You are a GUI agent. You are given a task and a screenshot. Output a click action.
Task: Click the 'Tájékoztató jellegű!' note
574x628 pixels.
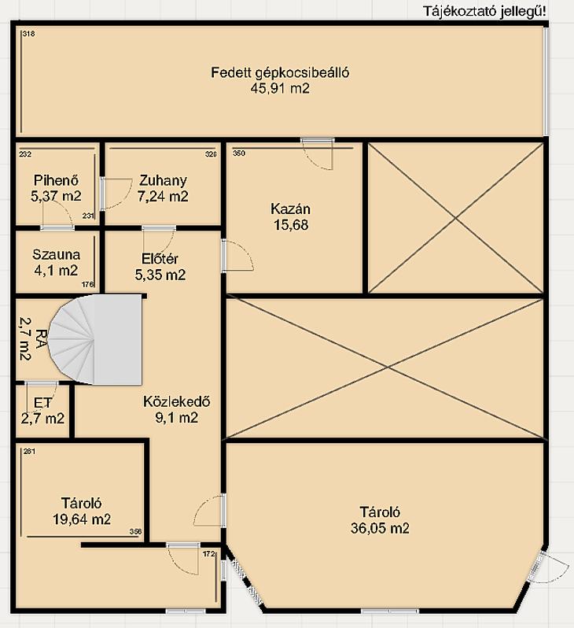(484, 12)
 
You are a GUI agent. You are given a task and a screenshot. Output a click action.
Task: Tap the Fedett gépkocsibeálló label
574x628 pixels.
(280, 72)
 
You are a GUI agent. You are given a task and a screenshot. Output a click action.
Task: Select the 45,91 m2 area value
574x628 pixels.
(280, 88)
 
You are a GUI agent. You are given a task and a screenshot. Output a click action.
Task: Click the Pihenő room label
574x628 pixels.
(56, 180)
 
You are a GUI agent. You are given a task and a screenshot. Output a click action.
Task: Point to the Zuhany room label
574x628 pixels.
(163, 181)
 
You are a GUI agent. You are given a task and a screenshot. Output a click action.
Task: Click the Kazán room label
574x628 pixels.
(291, 209)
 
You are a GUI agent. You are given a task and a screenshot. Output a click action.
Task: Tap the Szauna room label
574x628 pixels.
(56, 254)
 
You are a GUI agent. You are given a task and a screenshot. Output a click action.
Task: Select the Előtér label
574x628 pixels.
(160, 259)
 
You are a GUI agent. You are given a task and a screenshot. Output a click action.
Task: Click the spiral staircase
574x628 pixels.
(96, 340)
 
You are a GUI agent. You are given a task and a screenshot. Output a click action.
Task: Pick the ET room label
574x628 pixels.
(42, 402)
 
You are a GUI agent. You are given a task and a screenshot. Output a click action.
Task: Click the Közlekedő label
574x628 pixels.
(176, 401)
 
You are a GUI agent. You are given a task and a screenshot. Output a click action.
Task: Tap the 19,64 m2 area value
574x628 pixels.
(82, 519)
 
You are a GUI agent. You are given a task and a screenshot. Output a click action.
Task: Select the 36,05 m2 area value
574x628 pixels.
(380, 528)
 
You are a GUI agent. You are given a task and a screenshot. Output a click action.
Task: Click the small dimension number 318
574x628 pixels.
(28, 34)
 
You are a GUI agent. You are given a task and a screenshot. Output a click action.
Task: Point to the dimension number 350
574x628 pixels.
(239, 153)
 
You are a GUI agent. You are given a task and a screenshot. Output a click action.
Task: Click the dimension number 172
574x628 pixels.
(208, 554)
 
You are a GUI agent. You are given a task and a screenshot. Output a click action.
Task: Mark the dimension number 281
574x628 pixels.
(29, 452)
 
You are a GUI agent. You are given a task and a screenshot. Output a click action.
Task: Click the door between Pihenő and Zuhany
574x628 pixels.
(116, 194)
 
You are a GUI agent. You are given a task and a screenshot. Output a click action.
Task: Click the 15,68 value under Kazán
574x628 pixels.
(291, 225)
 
